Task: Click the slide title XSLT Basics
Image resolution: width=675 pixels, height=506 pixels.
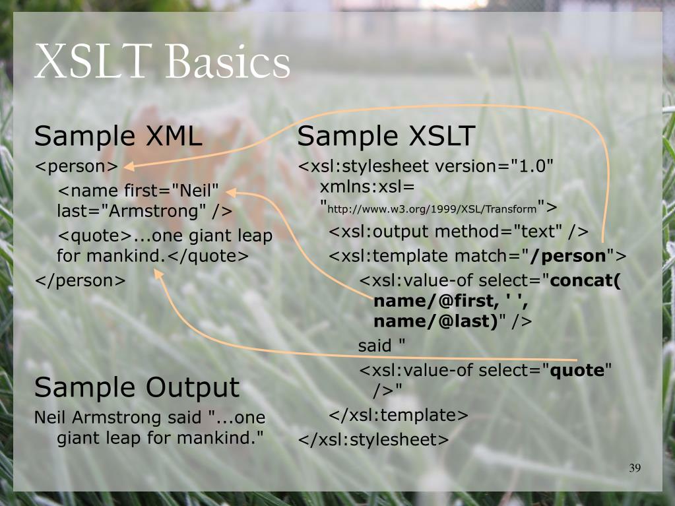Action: [162, 61]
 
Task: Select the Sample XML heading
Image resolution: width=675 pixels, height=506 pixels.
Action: [118, 136]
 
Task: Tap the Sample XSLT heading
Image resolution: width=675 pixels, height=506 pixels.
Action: [386, 136]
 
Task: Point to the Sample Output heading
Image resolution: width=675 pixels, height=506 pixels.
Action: [137, 388]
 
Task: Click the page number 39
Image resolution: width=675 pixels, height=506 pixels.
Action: [635, 468]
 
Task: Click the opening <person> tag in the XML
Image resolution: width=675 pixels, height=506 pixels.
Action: [77, 166]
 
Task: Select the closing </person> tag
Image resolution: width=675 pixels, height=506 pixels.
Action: [80, 280]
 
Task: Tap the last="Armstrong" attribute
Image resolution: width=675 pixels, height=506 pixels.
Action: [132, 211]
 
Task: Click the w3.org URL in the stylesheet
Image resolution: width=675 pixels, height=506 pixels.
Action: [432, 210]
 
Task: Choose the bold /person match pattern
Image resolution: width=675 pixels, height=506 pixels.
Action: [568, 256]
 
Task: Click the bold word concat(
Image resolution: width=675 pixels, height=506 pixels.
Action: [585, 280]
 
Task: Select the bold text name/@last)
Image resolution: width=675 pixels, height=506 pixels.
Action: [435, 321]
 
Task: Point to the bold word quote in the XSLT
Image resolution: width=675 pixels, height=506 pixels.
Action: [577, 371]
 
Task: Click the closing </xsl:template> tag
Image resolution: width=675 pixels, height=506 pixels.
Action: [398, 415]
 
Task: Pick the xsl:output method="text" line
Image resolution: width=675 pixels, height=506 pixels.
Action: [459, 232]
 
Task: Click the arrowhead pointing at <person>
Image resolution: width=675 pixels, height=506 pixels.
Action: [129, 166]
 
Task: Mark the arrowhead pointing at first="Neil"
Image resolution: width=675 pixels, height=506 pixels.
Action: [231, 193]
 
